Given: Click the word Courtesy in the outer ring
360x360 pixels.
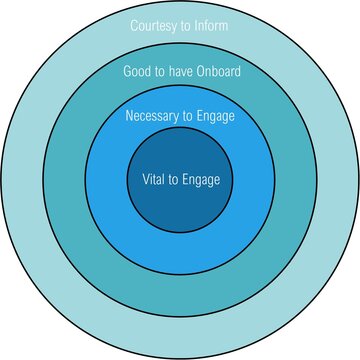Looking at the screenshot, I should click(x=153, y=25).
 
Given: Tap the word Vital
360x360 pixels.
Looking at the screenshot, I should click(x=152, y=181).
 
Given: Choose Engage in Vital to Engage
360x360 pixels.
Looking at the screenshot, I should click(x=199, y=181).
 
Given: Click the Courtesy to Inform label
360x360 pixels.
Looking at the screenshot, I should click(x=180, y=25).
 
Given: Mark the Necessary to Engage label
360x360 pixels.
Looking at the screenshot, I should click(x=180, y=116).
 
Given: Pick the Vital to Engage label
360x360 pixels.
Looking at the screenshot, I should click(x=180, y=181).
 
